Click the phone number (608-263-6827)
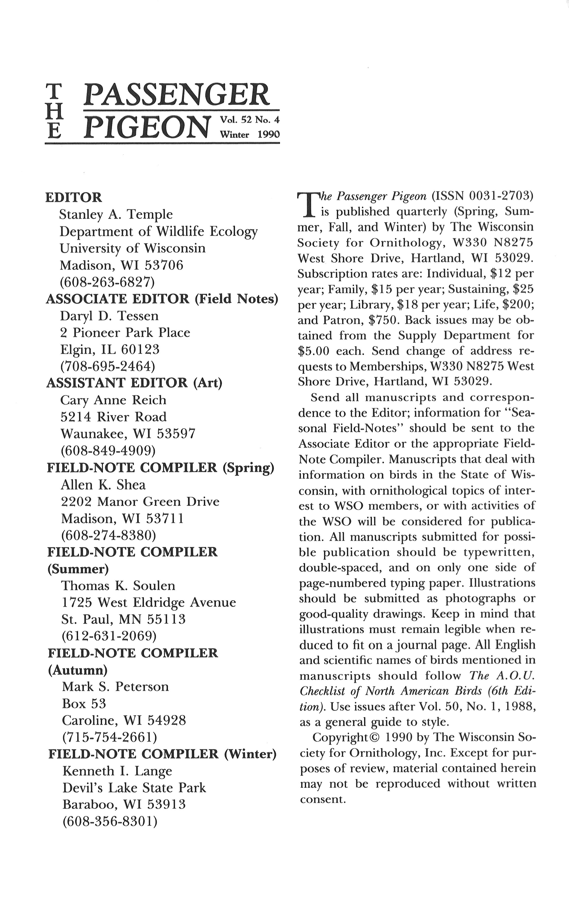[107, 282]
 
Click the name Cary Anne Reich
[113, 400]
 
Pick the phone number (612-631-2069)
[108, 636]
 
